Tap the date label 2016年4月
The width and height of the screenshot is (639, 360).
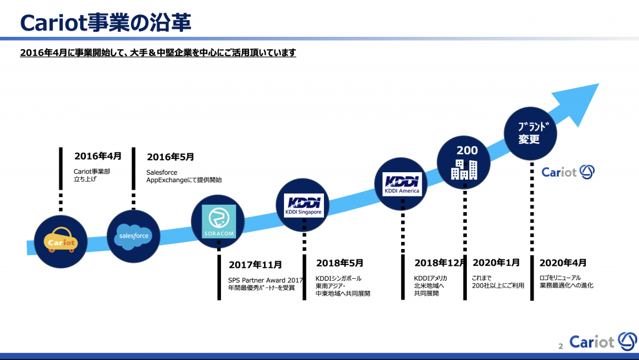[98, 156]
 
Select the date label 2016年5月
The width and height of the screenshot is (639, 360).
[170, 157]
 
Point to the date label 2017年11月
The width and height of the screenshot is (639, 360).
[255, 265]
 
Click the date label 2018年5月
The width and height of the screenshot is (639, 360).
[339, 263]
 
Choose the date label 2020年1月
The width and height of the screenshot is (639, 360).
[496, 263]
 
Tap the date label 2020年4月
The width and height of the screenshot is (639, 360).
[563, 263]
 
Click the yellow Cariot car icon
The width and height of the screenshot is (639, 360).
[61, 240]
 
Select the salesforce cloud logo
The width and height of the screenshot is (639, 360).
[134, 236]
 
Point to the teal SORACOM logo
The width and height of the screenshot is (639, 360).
[219, 221]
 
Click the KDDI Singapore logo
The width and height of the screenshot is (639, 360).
[304, 205]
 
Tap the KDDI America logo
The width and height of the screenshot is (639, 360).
[402, 184]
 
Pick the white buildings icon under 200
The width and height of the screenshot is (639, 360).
[464, 170]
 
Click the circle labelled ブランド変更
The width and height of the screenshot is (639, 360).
[530, 134]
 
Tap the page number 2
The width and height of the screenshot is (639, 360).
[561, 346]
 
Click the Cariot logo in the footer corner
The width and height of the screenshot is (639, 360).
[603, 341]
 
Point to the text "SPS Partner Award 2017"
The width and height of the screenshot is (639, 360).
[265, 280]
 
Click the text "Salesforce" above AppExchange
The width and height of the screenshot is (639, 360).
[162, 172]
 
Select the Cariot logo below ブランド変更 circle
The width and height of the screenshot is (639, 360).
[568, 172]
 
